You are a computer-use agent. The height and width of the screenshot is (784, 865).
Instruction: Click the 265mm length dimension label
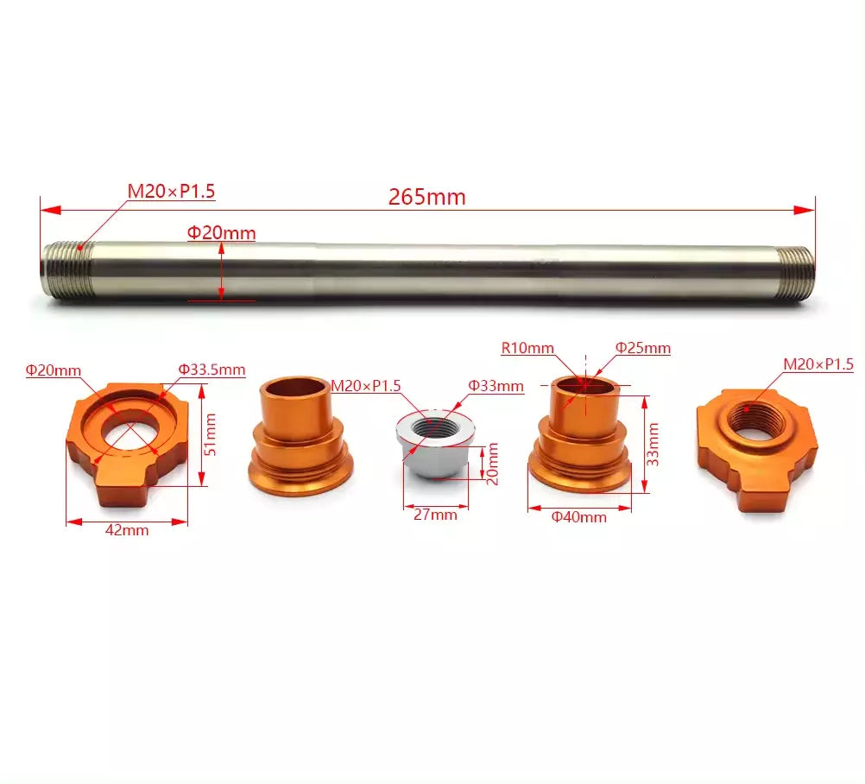click(426, 197)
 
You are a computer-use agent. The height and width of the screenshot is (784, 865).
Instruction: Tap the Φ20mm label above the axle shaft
click(222, 232)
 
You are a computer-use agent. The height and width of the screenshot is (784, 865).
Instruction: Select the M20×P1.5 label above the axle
click(171, 191)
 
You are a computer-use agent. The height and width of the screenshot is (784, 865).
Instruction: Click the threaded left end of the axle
click(67, 271)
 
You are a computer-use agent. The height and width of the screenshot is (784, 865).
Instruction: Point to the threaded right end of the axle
click(792, 272)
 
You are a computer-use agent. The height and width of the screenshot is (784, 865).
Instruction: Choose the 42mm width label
click(127, 530)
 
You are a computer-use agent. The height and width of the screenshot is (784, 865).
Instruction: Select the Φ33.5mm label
click(212, 369)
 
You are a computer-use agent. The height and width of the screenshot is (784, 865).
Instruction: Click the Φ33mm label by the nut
click(496, 386)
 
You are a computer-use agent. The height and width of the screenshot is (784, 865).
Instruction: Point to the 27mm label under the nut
click(436, 515)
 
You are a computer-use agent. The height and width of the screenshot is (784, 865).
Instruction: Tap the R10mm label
click(527, 348)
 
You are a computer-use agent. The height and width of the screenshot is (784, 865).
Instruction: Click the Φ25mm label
click(642, 348)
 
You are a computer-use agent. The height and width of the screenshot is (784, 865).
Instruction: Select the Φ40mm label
click(579, 517)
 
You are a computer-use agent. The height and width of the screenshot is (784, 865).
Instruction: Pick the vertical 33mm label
click(653, 444)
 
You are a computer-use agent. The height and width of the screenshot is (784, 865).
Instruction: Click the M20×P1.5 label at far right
click(818, 364)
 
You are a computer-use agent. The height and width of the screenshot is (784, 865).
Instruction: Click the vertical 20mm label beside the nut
click(492, 464)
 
